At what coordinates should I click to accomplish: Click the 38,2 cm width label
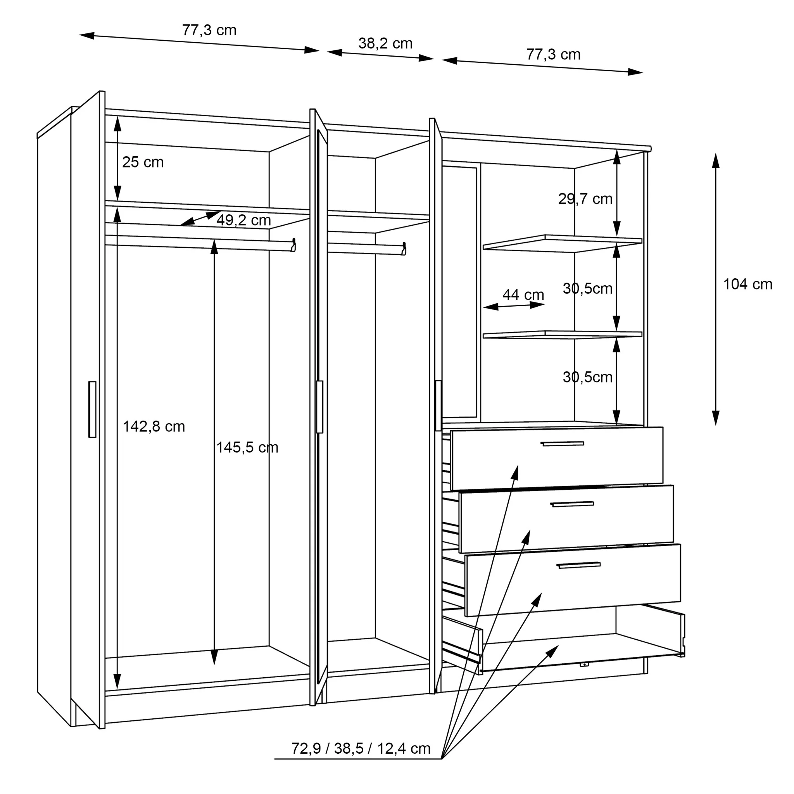(x=385, y=43)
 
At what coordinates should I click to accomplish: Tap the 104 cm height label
(x=747, y=285)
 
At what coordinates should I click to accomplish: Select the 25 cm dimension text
(x=143, y=162)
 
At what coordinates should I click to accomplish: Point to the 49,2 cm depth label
(x=244, y=221)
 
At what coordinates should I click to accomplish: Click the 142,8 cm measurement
(x=154, y=426)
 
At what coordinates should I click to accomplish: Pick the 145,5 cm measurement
(x=247, y=447)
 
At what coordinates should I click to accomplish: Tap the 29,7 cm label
(x=585, y=199)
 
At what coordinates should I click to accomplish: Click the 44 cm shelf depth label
(x=523, y=295)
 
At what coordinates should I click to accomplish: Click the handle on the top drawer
(x=562, y=444)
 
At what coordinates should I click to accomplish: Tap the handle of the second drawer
(x=572, y=504)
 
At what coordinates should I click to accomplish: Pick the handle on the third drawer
(x=579, y=566)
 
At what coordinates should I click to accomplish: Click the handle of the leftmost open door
(x=92, y=409)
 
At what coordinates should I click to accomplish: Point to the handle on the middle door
(x=320, y=407)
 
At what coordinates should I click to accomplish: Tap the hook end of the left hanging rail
(x=293, y=245)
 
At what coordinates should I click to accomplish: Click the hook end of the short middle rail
(x=404, y=249)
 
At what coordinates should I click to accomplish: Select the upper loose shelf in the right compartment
(x=562, y=243)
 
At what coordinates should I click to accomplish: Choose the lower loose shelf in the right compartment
(x=562, y=335)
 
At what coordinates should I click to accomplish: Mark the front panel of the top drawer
(x=557, y=458)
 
